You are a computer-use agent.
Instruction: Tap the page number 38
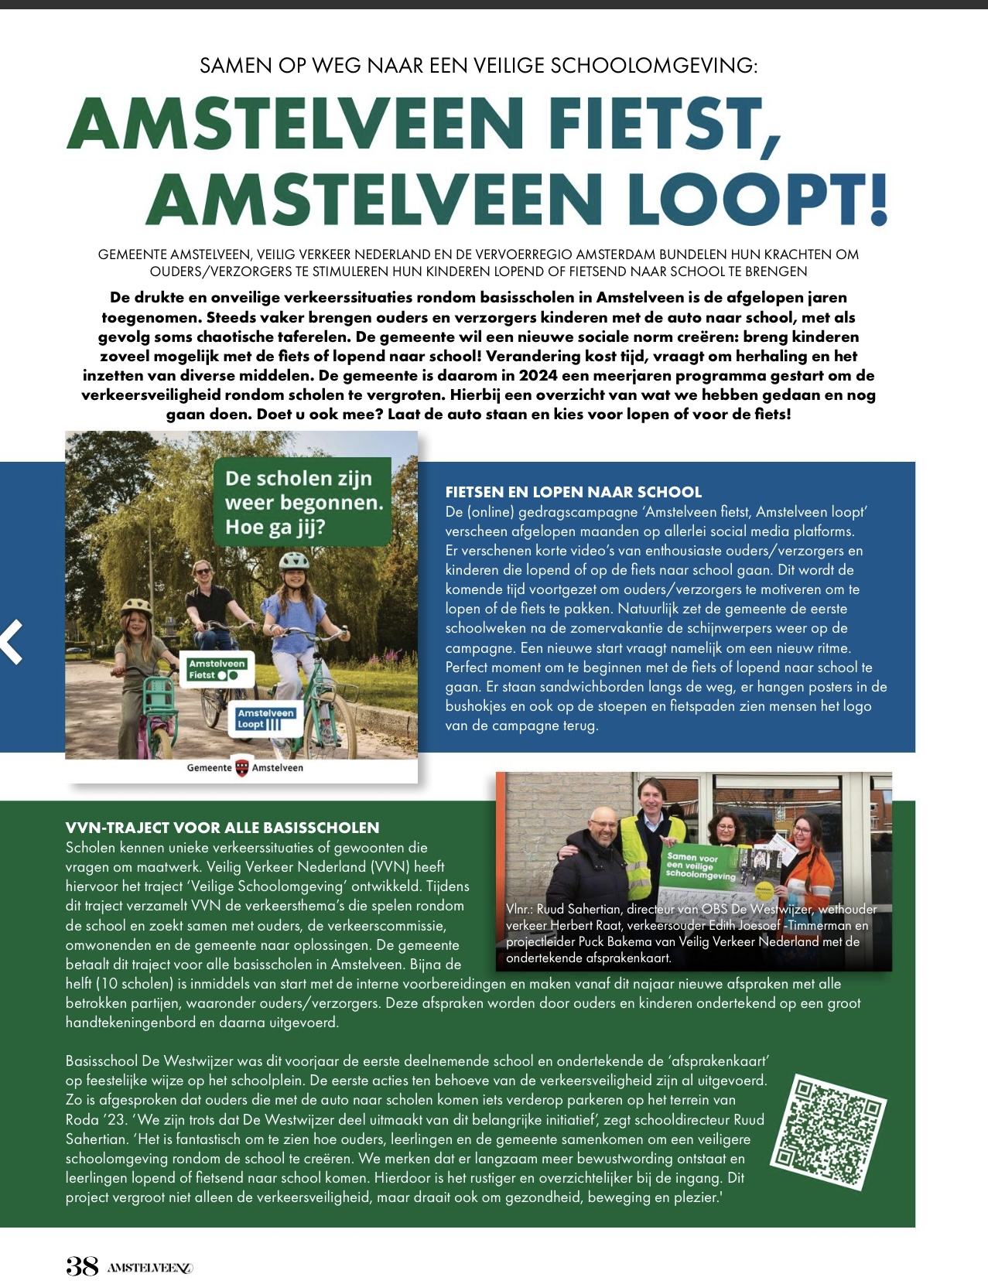pyautogui.click(x=82, y=1265)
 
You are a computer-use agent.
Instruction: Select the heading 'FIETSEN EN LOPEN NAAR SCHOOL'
pyautogui.click(x=573, y=492)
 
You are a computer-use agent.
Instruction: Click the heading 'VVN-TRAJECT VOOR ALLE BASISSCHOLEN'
pyautogui.click(x=222, y=828)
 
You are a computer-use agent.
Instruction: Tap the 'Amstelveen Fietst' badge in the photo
pyautogui.click(x=217, y=669)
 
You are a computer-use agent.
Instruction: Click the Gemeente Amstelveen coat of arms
pyautogui.click(x=242, y=767)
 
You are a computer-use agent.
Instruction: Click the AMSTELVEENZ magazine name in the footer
pyautogui.click(x=149, y=1268)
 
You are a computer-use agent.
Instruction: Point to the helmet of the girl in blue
pyautogui.click(x=294, y=560)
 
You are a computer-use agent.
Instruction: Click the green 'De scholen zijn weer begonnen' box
pyautogui.click(x=303, y=502)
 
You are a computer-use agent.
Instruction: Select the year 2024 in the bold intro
pyautogui.click(x=538, y=376)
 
